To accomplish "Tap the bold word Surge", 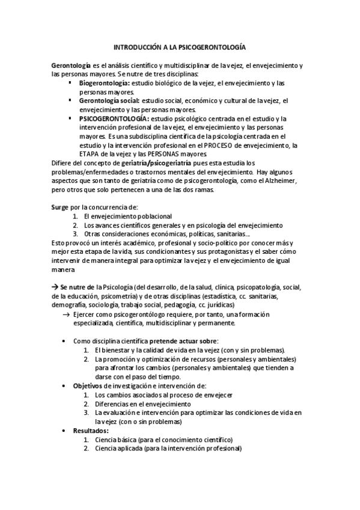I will [x=60, y=207].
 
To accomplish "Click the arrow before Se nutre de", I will [x=55, y=287].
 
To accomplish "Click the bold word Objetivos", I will [x=88, y=386].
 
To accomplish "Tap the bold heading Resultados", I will [x=91, y=431].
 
